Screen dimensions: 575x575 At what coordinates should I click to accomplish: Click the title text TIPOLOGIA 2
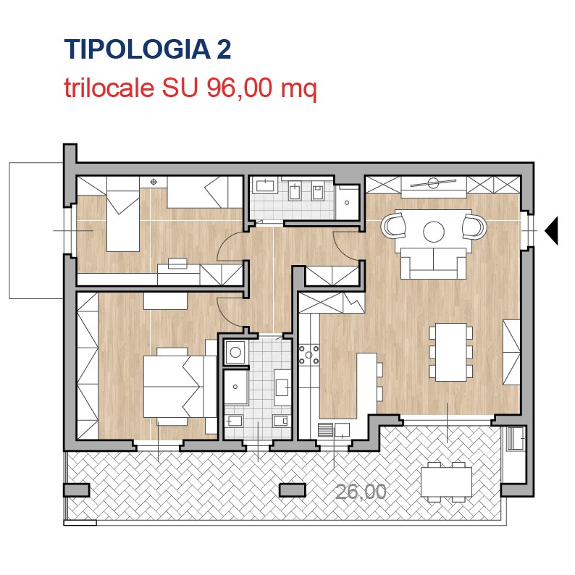pos(148,49)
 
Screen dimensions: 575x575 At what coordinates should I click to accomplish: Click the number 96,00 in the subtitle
pos(240,88)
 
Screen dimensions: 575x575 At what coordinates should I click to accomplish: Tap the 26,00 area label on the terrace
pos(361,492)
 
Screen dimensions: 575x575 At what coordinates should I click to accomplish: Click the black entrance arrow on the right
pos(551,231)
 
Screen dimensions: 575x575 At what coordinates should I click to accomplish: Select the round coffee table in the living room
pos(434,232)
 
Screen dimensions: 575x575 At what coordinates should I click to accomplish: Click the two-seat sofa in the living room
pos(434,264)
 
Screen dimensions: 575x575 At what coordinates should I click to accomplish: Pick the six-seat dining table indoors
pos(451,352)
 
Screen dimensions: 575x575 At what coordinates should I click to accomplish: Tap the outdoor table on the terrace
pos(446,482)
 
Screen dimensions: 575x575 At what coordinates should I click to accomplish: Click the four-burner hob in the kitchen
pos(309,355)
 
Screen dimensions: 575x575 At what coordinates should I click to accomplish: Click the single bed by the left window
pos(123,214)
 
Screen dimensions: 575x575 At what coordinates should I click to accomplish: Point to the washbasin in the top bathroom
pos(265,186)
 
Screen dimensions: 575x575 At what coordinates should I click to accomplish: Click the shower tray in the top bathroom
pos(348,202)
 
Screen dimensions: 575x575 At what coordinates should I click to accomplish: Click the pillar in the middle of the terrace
pos(293,490)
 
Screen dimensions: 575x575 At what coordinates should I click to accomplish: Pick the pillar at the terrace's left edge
pos(77,490)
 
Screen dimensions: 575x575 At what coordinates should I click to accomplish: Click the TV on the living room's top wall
pos(434,182)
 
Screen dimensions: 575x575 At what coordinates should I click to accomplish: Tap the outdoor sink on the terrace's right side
pos(516,439)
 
